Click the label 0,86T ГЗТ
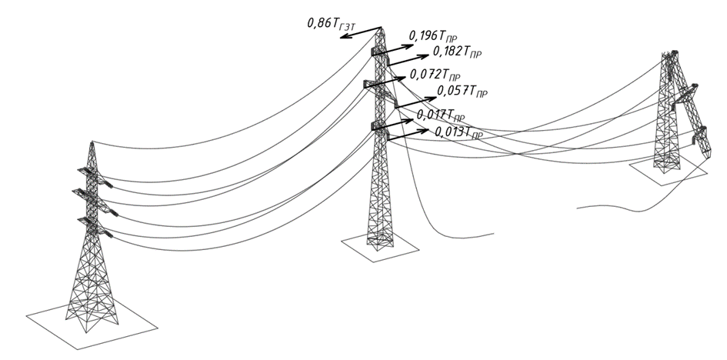pos(331,24)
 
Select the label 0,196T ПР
pos(433,37)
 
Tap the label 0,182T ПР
pos(457,52)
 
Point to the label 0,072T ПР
pos(435,75)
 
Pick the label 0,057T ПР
pos(462,92)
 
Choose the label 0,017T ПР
pos(441,115)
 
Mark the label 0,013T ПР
pos(459,132)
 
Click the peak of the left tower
pos(92,142)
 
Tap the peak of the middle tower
pos(381,28)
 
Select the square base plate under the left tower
pos(92,324)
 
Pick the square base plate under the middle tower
pos(380,246)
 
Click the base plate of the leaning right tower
pos(669,170)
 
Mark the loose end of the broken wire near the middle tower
pos(494,234)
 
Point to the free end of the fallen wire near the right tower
pos(577,208)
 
